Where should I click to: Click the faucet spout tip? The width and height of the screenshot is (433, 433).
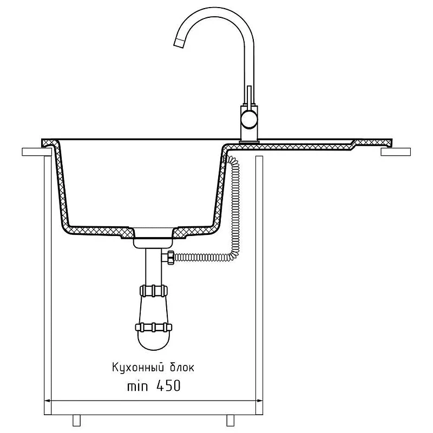pos(179,43)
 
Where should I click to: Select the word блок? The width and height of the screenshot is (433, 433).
pos(181,367)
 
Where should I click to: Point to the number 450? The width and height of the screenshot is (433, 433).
pos(168,385)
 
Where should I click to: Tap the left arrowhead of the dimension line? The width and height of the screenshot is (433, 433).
pos(48,401)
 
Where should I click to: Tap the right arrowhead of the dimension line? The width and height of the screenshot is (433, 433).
pos(259,401)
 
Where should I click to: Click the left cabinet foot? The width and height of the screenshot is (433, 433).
pos(76,421)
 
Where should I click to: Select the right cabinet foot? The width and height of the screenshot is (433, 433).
pos(231,421)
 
